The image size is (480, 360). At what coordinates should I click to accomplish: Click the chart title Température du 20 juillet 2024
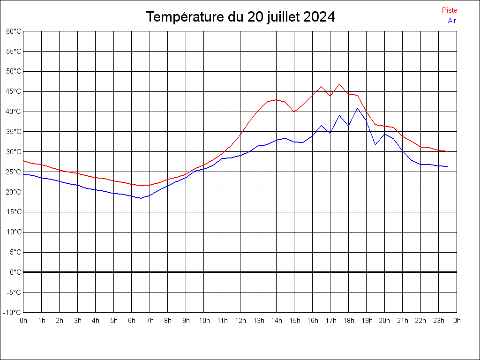(240, 17)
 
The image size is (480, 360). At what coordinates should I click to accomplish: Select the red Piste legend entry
(449, 10)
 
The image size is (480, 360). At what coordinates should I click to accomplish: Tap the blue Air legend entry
(452, 21)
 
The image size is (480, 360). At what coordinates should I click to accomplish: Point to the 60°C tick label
(14, 31)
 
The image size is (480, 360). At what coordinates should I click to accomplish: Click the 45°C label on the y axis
(14, 91)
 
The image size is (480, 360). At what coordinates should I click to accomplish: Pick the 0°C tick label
(16, 272)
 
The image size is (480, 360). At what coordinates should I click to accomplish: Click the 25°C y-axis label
(14, 172)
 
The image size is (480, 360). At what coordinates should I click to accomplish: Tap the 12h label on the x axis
(240, 321)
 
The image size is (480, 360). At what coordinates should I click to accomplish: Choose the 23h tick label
(439, 321)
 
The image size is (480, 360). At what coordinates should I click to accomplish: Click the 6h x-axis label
(132, 321)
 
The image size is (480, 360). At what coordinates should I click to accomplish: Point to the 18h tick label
(348, 321)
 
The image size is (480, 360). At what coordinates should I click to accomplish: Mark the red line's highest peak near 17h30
(339, 84)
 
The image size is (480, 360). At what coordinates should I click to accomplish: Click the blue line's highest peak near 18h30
(357, 108)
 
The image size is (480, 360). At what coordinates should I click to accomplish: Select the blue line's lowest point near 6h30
(141, 198)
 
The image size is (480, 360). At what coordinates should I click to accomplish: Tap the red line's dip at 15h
(294, 112)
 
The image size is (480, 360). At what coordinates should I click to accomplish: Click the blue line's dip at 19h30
(375, 144)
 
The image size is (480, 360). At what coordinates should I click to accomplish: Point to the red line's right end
(448, 151)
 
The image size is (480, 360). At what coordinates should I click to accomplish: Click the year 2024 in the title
(319, 17)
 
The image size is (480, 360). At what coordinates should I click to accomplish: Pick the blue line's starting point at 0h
(23, 174)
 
